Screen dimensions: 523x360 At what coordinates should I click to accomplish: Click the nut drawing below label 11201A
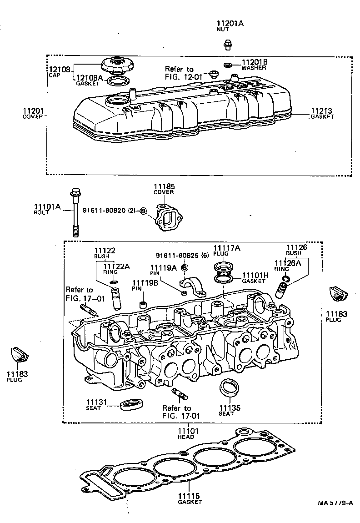pyautogui.click(x=228, y=44)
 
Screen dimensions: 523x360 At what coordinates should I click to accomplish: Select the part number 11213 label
pyautogui.click(x=322, y=111)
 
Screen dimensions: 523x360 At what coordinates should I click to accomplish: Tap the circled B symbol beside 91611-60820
pyautogui.click(x=143, y=211)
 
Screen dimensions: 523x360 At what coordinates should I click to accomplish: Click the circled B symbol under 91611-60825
pyautogui.click(x=185, y=267)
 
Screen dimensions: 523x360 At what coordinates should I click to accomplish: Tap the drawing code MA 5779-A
pyautogui.click(x=335, y=503)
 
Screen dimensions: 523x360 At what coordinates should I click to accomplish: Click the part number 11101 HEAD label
pyautogui.click(x=186, y=431)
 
